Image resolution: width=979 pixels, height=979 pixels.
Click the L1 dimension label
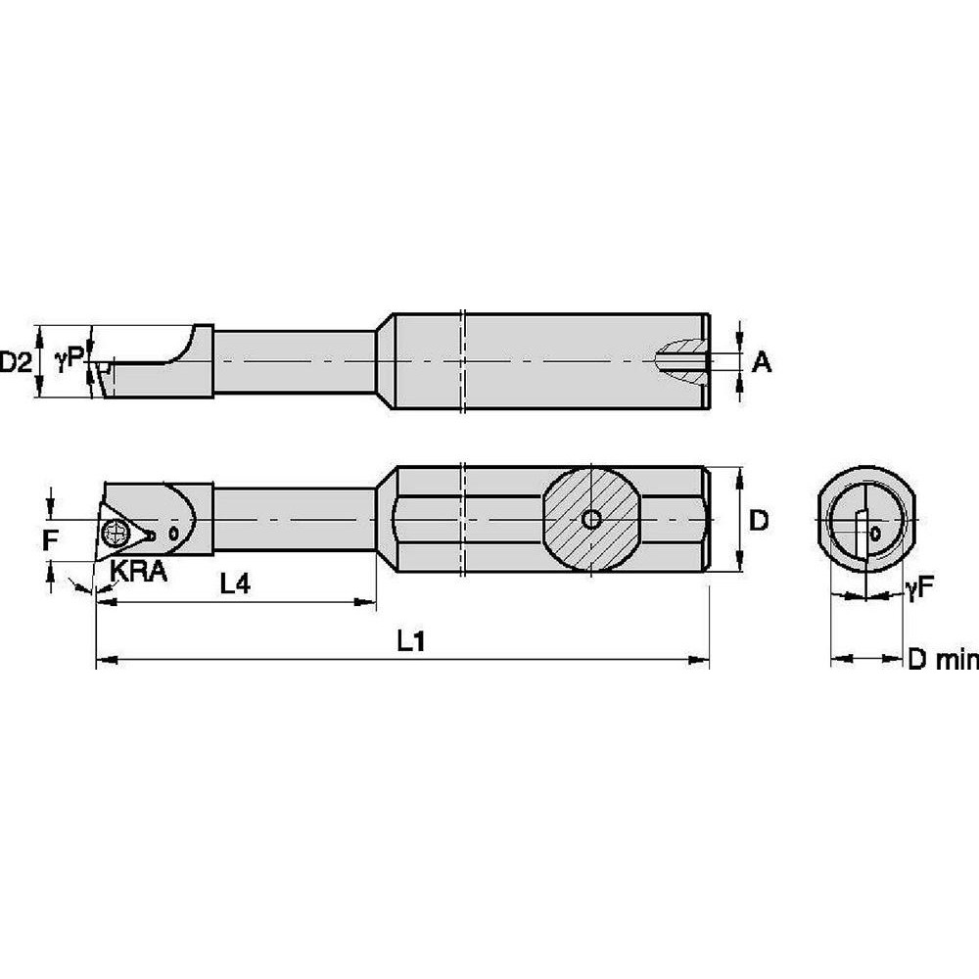[x=409, y=642]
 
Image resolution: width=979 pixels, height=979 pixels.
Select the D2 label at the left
[x=15, y=363]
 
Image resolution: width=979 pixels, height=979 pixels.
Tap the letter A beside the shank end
[x=762, y=363]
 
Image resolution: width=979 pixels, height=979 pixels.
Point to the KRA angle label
[x=138, y=572]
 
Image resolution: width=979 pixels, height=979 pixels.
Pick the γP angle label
[x=68, y=362]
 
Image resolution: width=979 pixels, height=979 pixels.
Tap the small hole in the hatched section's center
[x=590, y=520]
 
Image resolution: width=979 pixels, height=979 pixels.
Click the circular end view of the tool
[x=867, y=524]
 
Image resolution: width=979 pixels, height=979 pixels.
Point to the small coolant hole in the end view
[x=874, y=535]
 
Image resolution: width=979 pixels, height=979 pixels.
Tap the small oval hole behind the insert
[x=172, y=535]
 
